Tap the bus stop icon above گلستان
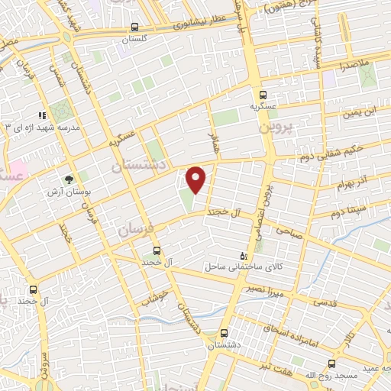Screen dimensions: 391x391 point(134,26)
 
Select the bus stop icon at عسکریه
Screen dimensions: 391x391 point(263,95)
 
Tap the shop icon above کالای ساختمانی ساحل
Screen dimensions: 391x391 point(244,255)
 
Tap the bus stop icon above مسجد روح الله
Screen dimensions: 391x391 point(331,363)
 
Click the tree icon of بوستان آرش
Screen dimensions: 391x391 point(69,179)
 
